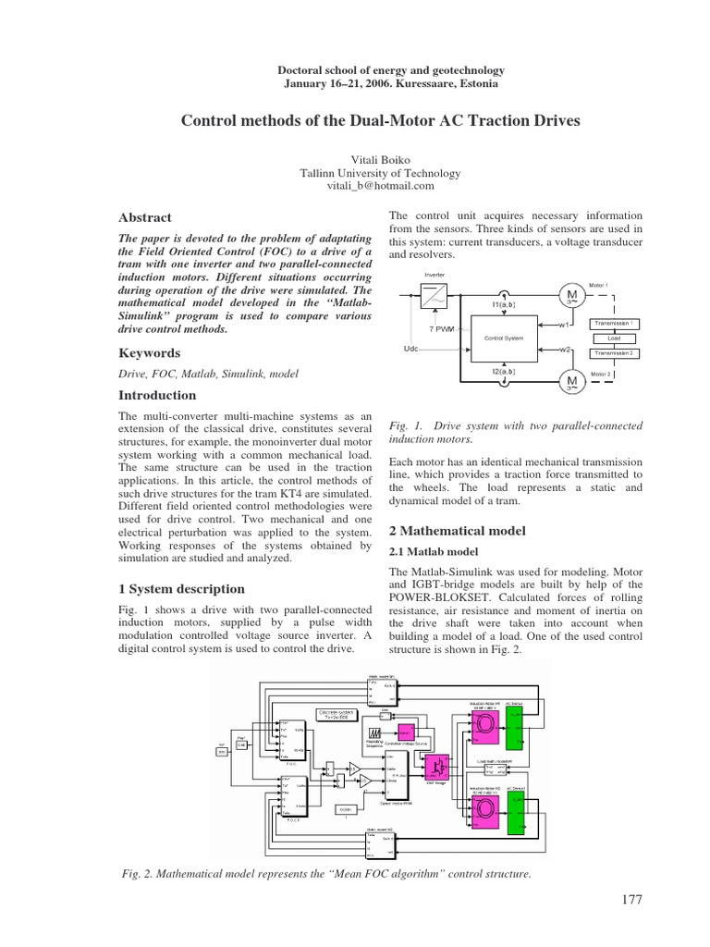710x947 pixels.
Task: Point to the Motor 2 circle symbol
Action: point(571,380)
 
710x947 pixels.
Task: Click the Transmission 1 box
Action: point(614,324)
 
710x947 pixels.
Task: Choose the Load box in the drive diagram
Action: point(614,338)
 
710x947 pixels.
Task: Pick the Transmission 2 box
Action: point(614,353)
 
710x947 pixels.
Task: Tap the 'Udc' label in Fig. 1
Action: point(413,349)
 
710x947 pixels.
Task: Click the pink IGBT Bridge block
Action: point(433,764)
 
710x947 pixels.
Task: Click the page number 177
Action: point(632,899)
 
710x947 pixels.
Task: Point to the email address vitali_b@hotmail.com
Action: point(354,186)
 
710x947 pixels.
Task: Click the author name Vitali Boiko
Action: point(354,159)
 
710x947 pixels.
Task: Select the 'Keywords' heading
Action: point(149,353)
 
